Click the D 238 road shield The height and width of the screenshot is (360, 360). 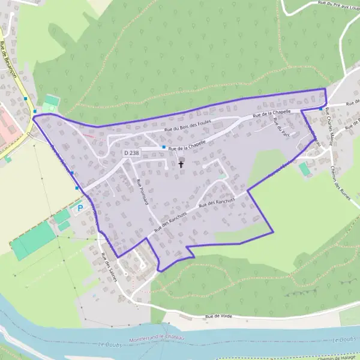pos(131,154)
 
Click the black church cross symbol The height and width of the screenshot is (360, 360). pos(181,163)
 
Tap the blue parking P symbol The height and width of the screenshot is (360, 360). pos(79,208)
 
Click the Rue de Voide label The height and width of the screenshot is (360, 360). pos(218,316)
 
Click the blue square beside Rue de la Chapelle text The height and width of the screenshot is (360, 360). pos(163,147)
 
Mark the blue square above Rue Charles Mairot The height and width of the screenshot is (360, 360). pos(321,109)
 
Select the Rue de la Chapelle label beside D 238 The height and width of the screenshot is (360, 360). pos(187,145)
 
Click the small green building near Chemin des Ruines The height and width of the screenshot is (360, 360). pos(305,169)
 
